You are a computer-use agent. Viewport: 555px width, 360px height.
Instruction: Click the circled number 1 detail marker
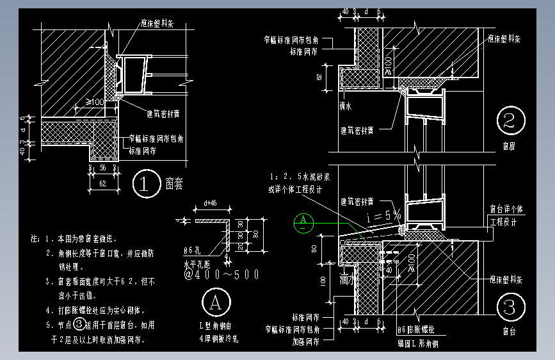coord(143,185)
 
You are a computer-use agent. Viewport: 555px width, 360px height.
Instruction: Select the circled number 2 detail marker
coord(510,121)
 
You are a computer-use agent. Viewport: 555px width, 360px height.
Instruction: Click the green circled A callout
coord(302,222)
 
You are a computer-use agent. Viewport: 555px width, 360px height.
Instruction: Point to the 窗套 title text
coord(173,184)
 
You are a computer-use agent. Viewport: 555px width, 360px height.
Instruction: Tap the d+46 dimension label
coord(209,203)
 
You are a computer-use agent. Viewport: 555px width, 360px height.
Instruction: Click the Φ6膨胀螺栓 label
coord(419,330)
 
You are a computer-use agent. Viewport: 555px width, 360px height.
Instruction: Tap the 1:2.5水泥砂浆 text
coord(294,176)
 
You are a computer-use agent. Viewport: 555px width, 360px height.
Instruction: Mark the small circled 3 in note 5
coord(79,325)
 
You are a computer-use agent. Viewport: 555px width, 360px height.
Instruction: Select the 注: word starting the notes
coord(35,238)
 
